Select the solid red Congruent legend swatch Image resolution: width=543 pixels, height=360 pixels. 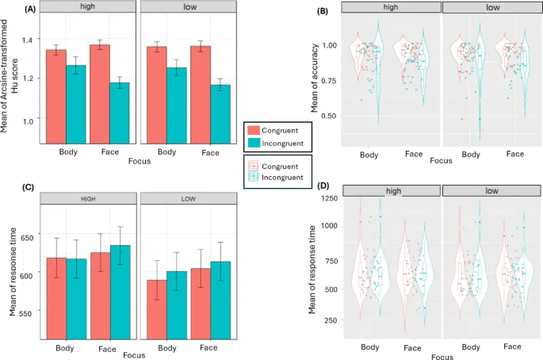click(253, 129)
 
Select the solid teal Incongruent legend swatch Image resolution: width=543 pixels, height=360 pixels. click(253, 143)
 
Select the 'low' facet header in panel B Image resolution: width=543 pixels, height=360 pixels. click(492, 7)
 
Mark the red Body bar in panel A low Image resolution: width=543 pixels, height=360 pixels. click(157, 94)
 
